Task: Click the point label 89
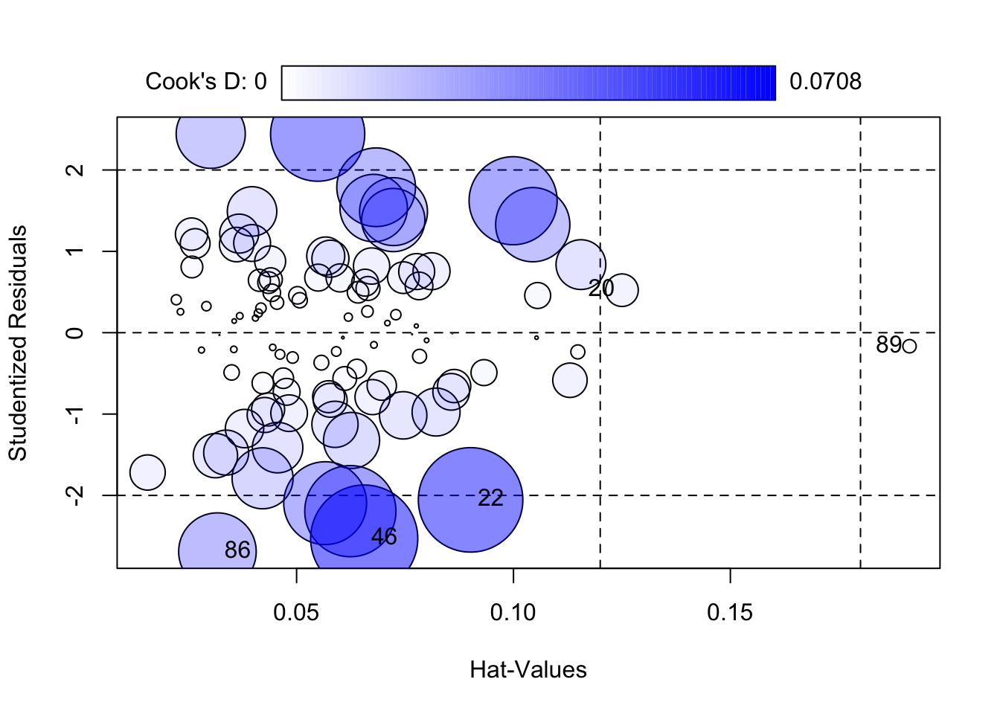(x=888, y=345)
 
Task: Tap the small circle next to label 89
(x=909, y=346)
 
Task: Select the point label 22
(x=491, y=498)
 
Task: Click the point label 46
(x=384, y=536)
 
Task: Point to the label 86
(x=237, y=550)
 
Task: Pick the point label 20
(x=601, y=289)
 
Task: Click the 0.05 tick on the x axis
(x=296, y=613)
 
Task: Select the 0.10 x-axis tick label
(x=513, y=613)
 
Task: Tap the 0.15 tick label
(x=730, y=613)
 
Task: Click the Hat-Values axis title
(x=528, y=670)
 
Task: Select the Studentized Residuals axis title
(x=18, y=343)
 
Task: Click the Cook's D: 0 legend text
(x=205, y=82)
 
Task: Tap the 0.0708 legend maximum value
(x=825, y=82)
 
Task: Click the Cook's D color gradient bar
(x=528, y=83)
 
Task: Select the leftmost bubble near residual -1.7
(x=147, y=472)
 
